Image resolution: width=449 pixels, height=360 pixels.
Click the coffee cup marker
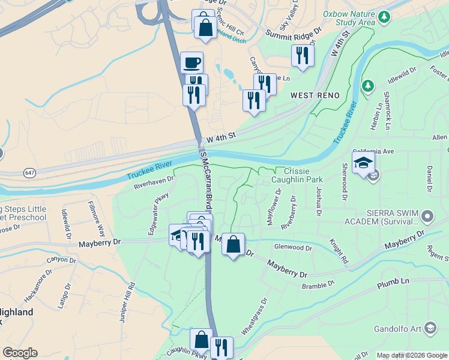pos(192,62)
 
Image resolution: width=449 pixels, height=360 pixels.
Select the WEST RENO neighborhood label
pos(315,95)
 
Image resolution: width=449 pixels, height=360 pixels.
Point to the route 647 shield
pos(29,173)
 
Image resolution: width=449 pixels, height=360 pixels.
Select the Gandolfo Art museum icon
pos(430,328)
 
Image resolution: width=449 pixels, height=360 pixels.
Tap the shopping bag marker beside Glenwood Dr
pos(233,244)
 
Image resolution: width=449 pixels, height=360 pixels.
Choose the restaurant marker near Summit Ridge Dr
pos(302,56)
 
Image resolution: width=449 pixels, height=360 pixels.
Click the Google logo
pos(20,353)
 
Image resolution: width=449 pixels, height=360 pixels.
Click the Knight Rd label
pos(339,251)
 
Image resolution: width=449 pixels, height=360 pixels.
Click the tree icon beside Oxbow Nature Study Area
pos(384,18)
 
